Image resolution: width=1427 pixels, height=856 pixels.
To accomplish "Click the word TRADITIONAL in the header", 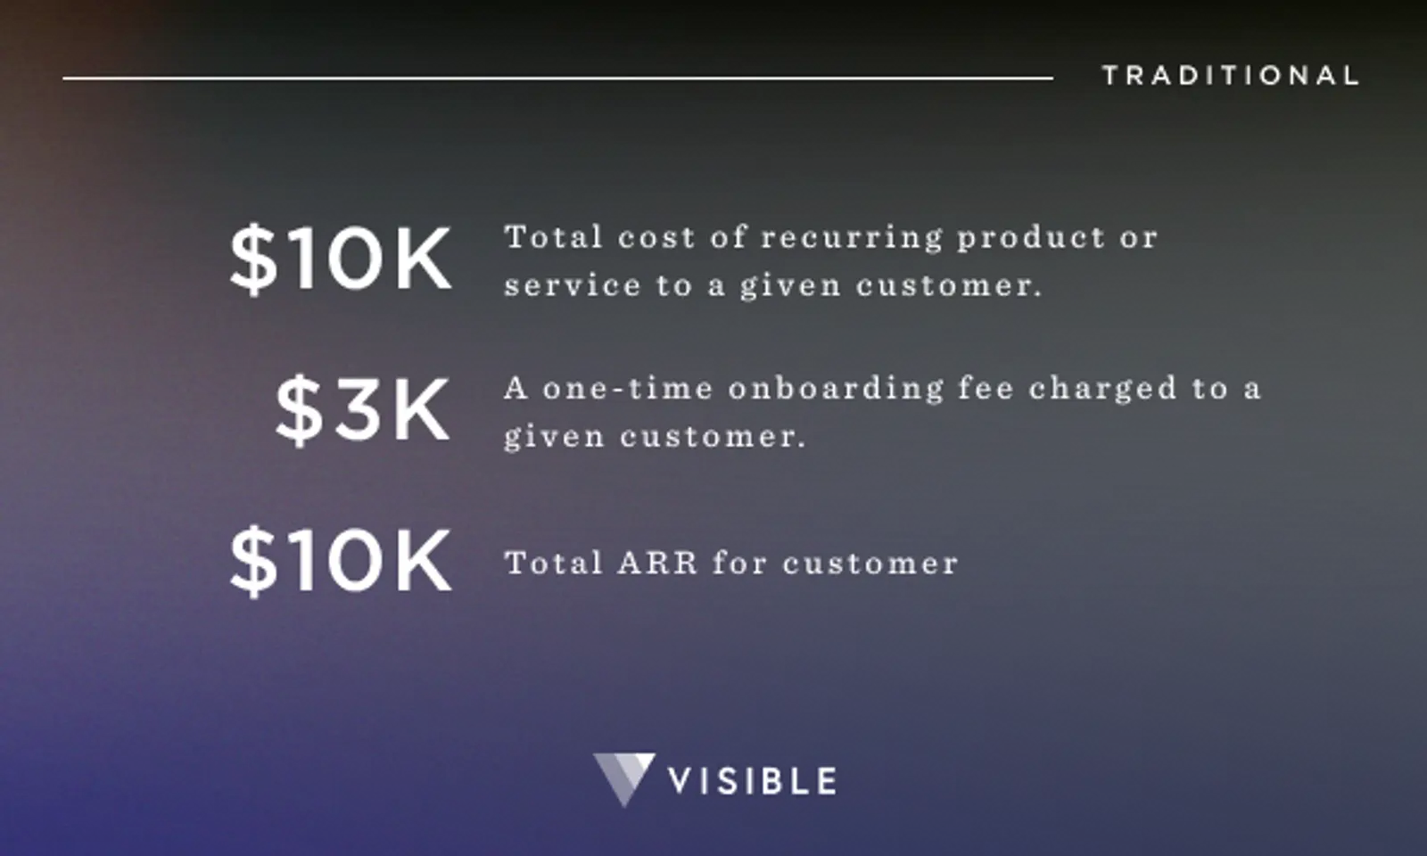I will pos(1230,76).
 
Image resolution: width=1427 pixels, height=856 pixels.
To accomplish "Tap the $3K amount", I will pos(362,410).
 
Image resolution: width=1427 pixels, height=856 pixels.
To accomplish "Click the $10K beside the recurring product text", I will pos(341,259).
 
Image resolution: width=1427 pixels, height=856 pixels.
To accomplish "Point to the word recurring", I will pos(851,238).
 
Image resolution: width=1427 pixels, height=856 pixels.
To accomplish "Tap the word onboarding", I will pos(836,389).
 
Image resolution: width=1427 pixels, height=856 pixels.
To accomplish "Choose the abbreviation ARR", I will pos(657,564).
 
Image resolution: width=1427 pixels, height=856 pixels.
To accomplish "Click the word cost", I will pos(656,238).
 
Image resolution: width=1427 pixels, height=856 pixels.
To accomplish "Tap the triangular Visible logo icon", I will pos(623,778).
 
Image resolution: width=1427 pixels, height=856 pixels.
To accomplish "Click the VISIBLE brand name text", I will pos(752,781).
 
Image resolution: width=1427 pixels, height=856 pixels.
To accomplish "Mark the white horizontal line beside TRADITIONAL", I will pos(557,78).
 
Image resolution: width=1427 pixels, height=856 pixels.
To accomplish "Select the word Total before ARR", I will pos(553,564).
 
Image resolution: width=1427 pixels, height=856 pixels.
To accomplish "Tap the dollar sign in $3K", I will pos(298,410).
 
